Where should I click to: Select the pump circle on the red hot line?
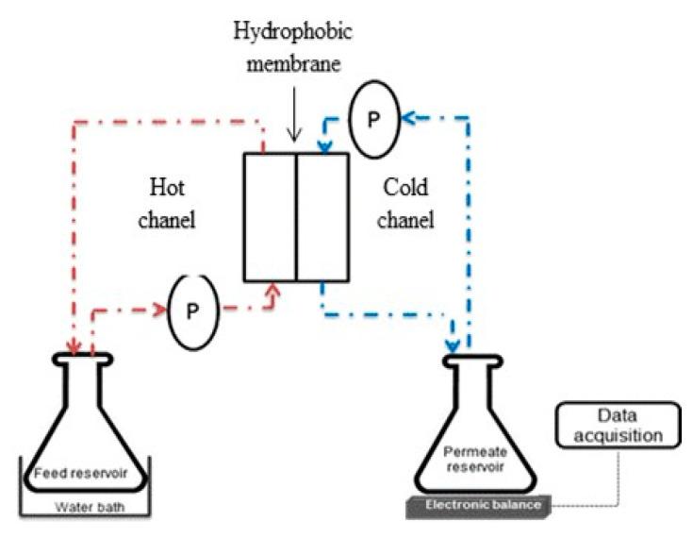[192, 309]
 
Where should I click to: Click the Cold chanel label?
[407, 204]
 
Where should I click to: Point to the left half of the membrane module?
[269, 217]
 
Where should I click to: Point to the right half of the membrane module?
[322, 217]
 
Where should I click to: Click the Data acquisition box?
[616, 425]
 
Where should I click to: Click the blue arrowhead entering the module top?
[323, 146]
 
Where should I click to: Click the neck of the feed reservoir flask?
[92, 378]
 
